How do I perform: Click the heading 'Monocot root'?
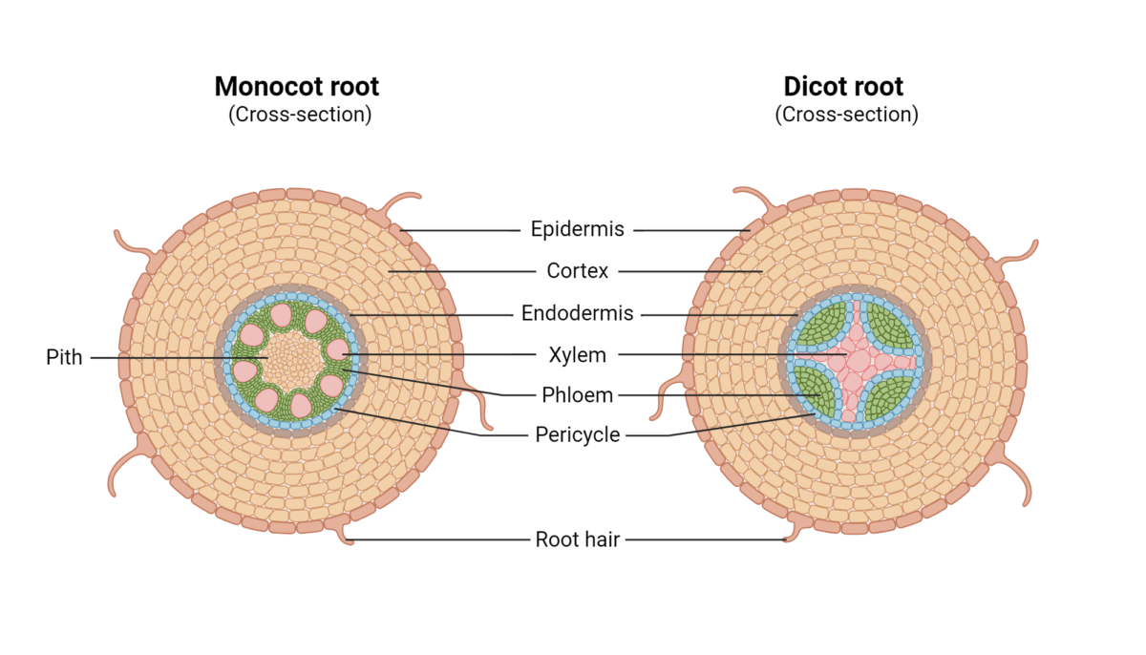coord(296,86)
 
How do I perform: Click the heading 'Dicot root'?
coord(843,86)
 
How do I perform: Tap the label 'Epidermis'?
coord(577,229)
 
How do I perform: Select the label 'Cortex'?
coord(577,271)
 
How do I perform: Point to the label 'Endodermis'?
coord(577,313)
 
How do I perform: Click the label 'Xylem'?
coord(577,355)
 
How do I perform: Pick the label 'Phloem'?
coord(577,395)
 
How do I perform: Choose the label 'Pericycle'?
coord(577,435)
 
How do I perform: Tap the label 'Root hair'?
coord(577,539)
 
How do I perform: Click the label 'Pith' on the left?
coord(64,357)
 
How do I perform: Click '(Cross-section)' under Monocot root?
coord(299,115)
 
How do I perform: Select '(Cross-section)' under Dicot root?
coord(846,115)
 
